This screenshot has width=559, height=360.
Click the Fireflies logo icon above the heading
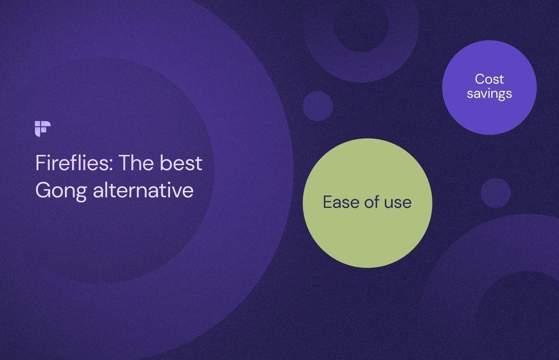pos(42,128)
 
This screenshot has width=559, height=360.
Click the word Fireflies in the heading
pos(73,164)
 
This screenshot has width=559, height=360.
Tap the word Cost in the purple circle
pos(489,79)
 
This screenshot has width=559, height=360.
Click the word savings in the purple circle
pos(489,94)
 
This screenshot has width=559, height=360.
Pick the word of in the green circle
pos(371,202)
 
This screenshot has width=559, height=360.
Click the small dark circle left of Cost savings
pos(318,106)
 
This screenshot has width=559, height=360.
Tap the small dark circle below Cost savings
pos(495,193)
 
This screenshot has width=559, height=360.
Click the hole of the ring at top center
pos(361,25)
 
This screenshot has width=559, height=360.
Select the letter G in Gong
pos(42,191)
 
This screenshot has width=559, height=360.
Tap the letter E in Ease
pos(328,202)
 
